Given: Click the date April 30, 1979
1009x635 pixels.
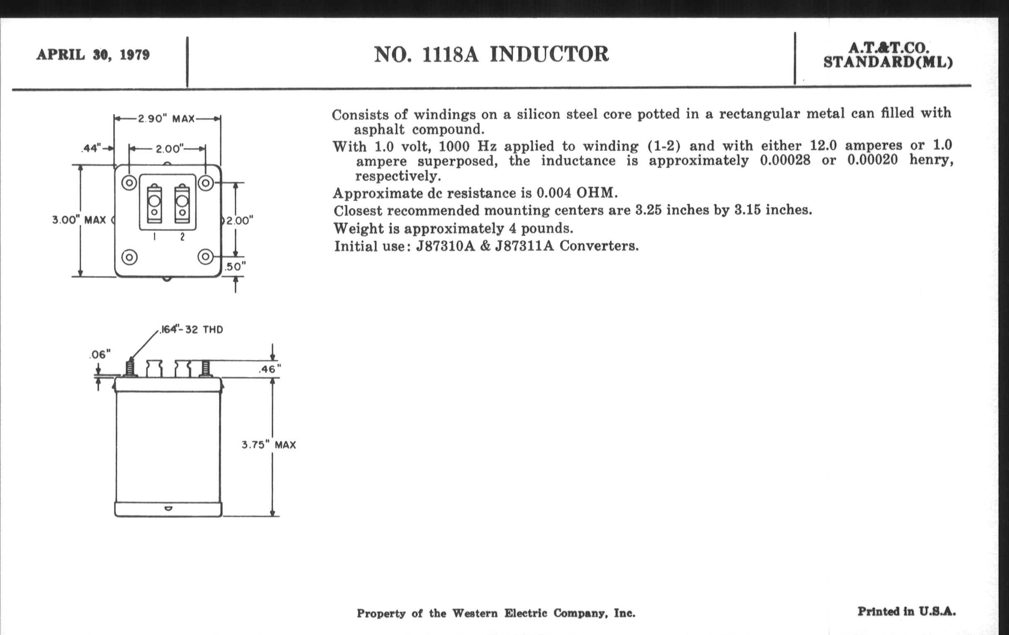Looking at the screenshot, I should tap(93, 55).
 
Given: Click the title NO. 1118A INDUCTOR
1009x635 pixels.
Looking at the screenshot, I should tap(491, 54).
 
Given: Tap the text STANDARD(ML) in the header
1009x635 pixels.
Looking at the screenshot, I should tap(888, 62).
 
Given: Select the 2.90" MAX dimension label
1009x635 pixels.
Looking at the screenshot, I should tap(166, 119).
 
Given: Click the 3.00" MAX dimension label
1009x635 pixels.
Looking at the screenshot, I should tap(79, 220).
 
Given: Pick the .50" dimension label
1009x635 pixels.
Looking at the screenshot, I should tap(235, 266).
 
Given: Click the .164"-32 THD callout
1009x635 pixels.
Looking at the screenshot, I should tap(192, 330).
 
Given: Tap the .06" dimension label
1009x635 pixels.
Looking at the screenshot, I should tap(100, 354).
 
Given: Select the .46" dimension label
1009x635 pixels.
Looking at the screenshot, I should tap(269, 369).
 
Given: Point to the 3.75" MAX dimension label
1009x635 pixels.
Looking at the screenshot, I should tap(268, 445).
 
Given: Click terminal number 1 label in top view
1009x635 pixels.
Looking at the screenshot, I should tap(155, 237).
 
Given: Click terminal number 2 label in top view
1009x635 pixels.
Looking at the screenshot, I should tap(182, 237).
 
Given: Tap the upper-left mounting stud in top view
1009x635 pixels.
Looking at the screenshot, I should tap(129, 183).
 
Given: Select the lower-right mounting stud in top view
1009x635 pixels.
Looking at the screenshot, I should tap(205, 256).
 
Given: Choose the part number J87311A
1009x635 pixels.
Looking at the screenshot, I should tap(524, 246).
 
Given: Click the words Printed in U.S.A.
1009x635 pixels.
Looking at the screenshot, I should tap(907, 611).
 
